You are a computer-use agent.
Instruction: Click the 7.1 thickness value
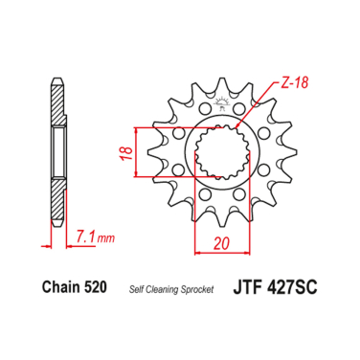point(83,233)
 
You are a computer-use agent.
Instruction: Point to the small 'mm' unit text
point(105,235)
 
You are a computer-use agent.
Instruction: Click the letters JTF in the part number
point(246,288)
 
